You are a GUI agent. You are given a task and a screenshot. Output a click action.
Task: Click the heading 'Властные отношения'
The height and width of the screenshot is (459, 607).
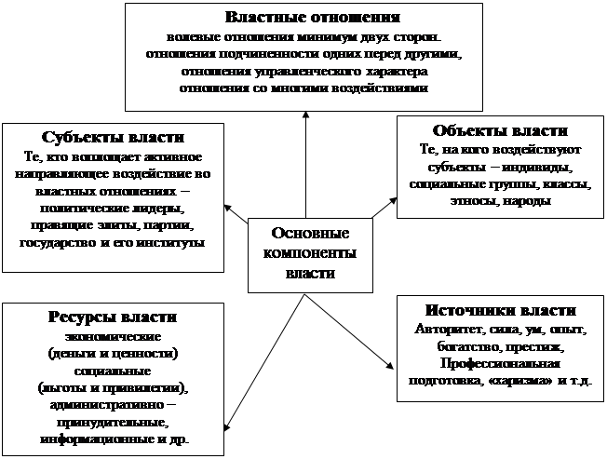[313, 18]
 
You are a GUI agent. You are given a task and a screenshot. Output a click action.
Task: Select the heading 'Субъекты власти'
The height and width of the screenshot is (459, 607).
[113, 138]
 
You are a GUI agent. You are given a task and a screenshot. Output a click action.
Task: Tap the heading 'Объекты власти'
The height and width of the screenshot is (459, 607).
[500, 130]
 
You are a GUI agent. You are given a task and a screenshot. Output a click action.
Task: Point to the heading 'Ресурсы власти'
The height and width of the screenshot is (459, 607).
[113, 317]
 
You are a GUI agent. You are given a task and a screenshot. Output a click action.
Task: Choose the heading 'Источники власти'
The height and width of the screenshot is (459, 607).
[501, 310]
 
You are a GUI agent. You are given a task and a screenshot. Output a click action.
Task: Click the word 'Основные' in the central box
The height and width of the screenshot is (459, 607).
[310, 233]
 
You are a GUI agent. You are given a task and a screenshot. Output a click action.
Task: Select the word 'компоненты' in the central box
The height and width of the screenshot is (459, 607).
[310, 253]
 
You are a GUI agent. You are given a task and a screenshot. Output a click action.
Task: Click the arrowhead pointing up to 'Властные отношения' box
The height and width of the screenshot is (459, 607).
[305, 115]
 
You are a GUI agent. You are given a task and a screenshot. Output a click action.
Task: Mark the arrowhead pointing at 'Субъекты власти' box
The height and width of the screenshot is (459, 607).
[228, 208]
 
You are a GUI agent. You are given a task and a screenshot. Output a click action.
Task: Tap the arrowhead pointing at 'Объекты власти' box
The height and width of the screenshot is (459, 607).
[393, 201]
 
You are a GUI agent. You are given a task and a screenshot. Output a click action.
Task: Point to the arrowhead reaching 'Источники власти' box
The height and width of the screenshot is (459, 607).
[390, 365]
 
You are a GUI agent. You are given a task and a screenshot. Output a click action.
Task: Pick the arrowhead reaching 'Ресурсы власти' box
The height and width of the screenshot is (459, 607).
[227, 426]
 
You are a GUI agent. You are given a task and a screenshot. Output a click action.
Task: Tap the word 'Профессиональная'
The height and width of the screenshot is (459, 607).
[500, 364]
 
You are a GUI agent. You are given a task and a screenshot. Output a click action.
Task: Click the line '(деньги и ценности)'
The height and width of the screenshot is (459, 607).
[113, 354]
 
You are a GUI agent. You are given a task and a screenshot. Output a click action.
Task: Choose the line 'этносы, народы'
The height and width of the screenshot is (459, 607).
[501, 201]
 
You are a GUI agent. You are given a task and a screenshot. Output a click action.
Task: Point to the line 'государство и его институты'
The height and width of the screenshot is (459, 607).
[113, 243]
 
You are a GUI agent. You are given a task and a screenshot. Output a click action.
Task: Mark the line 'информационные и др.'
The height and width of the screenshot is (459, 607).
[115, 440]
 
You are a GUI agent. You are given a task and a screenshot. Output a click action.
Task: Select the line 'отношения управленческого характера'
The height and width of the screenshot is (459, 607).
[304, 72]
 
